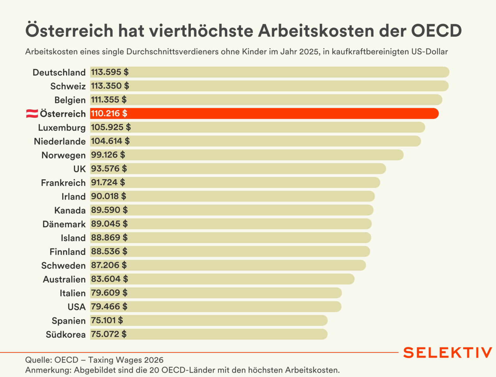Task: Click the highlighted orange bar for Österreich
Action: pyautogui.click(x=264, y=114)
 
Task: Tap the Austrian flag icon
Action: pyautogui.click(x=32, y=114)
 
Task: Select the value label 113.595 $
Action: pyautogui.click(x=110, y=72)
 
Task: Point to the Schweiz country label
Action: pyautogui.click(x=68, y=86)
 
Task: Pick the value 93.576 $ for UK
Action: pyautogui.click(x=109, y=169)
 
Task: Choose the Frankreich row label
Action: pyautogui.click(x=63, y=183)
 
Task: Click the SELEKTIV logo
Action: pyautogui.click(x=448, y=353)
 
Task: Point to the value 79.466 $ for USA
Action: pyautogui.click(x=109, y=307)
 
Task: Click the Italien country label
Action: pyautogui.click(x=73, y=293)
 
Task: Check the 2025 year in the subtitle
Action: pyautogui.click(x=309, y=52)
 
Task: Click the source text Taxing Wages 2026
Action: pyautogui.click(x=126, y=360)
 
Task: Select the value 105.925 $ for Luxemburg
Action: pyautogui.click(x=111, y=127)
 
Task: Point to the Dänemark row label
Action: pyautogui.click(x=64, y=224)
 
